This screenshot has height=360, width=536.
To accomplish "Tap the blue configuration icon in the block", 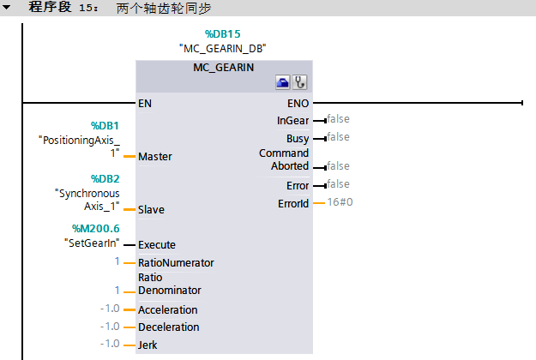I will pos(282,82).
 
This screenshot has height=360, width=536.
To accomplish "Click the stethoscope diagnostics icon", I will pos(299,82).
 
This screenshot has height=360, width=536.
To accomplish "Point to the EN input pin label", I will pos(146,103).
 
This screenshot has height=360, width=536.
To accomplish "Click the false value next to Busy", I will pos(338,137).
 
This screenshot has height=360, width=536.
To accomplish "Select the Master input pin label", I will pos(155,157).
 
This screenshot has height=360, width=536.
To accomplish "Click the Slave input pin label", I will pos(151,209).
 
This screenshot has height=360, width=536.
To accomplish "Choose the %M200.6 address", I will pos(97,229).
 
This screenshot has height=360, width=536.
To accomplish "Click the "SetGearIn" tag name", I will pos(93,243).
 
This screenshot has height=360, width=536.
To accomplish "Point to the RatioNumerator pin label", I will pos(176,262).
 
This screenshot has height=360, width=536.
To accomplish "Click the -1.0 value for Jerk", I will pos(109,344).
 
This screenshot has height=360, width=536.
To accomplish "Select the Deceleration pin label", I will pos(168,327).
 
